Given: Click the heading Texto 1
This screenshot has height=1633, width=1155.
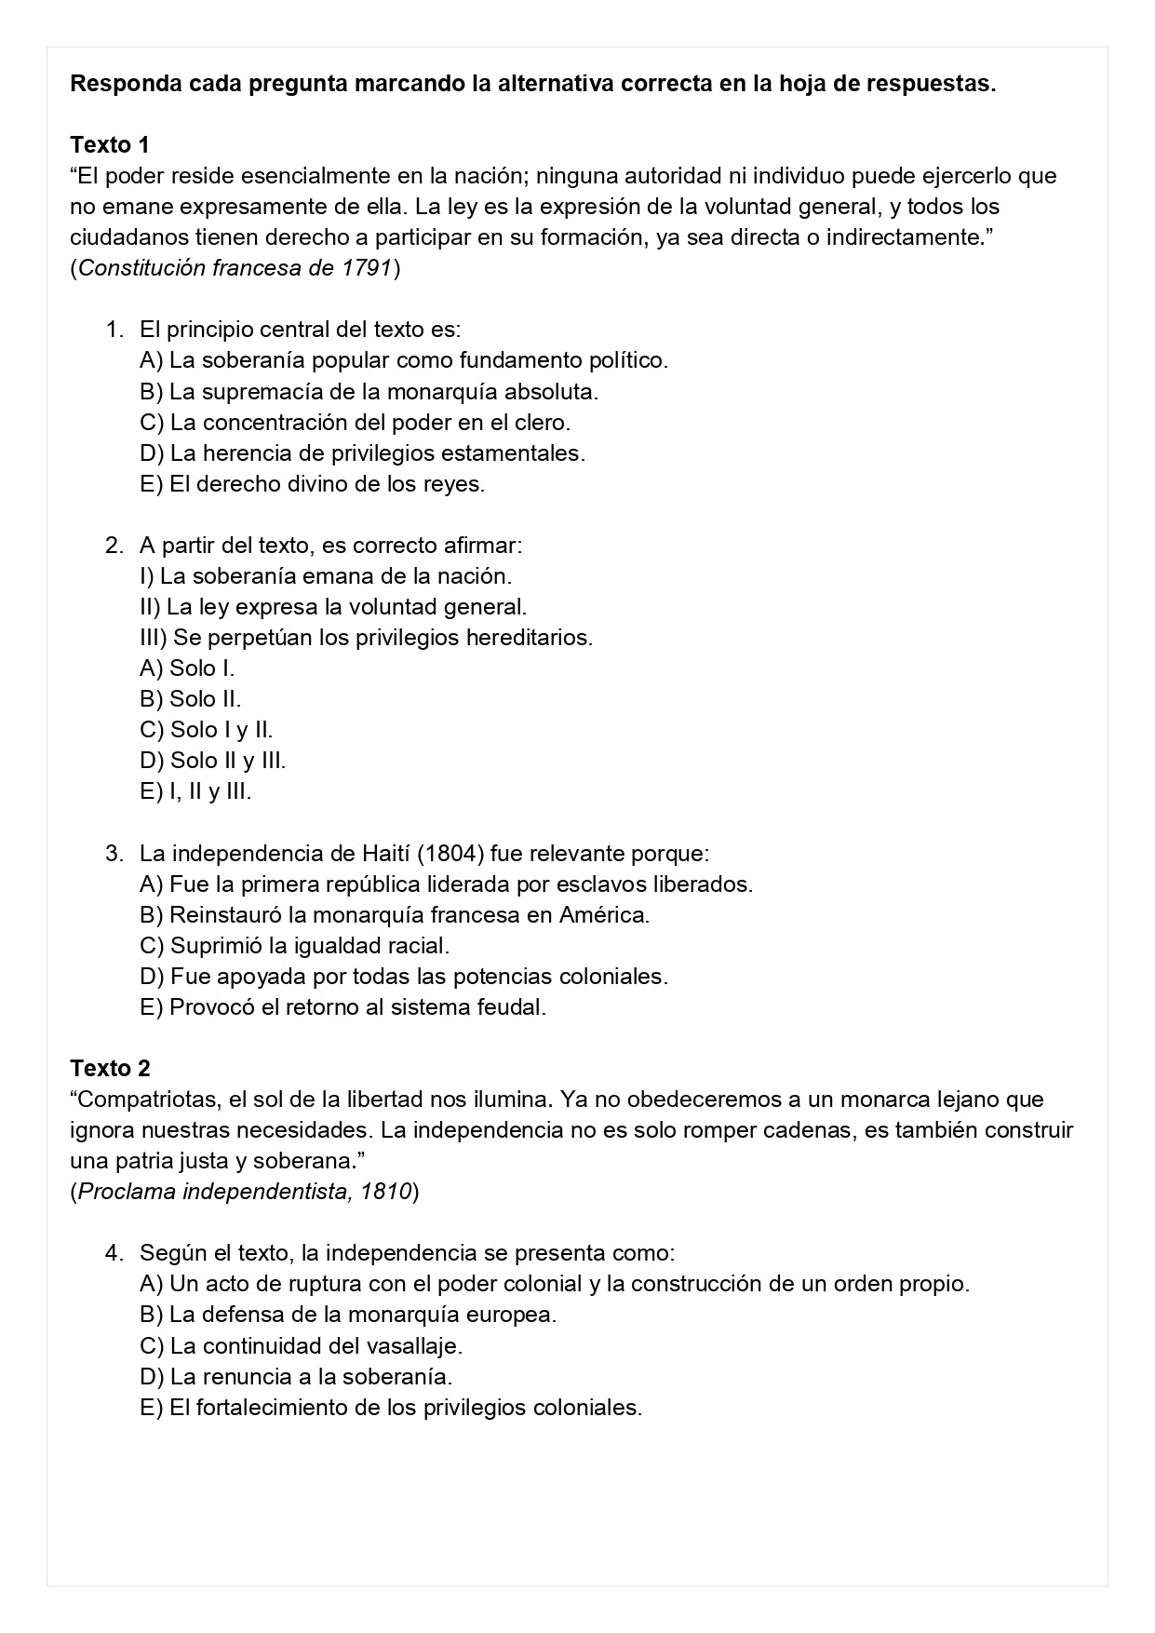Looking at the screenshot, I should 110,145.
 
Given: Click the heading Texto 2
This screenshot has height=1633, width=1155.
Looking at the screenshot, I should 110,1068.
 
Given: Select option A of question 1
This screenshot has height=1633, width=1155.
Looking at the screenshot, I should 403,360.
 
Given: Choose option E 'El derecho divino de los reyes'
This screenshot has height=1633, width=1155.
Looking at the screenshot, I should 312,484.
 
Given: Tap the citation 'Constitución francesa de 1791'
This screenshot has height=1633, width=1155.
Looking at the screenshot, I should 235,268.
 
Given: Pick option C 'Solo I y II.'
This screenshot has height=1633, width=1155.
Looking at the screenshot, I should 206,730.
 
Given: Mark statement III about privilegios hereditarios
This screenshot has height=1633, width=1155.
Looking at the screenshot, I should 366,638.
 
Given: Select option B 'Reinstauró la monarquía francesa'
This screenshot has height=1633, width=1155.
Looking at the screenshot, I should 394,915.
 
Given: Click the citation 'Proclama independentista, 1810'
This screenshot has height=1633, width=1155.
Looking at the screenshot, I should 244,1192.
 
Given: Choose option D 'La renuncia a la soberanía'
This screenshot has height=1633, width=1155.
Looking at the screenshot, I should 295,1376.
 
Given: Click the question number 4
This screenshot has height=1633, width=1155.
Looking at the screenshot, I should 114,1253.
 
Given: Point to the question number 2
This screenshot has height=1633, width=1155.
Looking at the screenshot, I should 114,546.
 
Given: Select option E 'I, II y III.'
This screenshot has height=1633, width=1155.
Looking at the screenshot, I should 195,791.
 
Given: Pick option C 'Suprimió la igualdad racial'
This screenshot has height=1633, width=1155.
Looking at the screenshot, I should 294,946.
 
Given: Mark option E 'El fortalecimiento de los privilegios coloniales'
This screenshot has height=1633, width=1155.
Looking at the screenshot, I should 391,1407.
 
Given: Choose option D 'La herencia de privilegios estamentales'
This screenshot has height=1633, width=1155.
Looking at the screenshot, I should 362,453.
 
